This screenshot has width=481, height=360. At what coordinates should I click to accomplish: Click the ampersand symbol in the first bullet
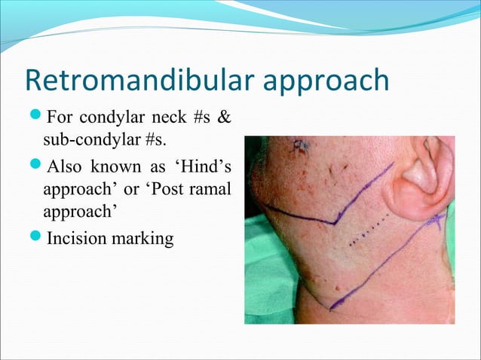pyautogui.click(x=224, y=118)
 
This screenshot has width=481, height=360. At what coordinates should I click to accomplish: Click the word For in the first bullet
pyautogui.click(x=60, y=118)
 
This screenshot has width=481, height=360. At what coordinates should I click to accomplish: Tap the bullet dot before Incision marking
pyautogui.click(x=38, y=239)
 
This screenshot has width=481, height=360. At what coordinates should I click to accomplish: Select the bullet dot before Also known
pyautogui.click(x=38, y=164)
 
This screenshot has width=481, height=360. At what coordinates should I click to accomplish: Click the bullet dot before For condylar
pyautogui.click(x=38, y=118)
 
